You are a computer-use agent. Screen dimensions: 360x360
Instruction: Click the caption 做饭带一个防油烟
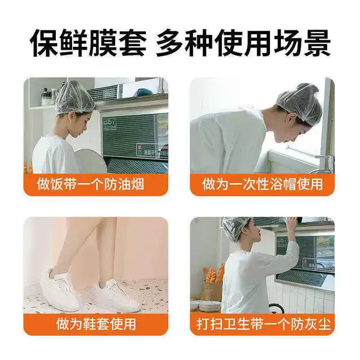(91, 184)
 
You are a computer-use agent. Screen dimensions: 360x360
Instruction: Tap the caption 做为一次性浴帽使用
(262, 184)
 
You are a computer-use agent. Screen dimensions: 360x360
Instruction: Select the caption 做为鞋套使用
(96, 324)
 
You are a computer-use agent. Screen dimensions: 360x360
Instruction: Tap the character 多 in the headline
(171, 43)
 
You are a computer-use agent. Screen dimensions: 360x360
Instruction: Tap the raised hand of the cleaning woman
(292, 223)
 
